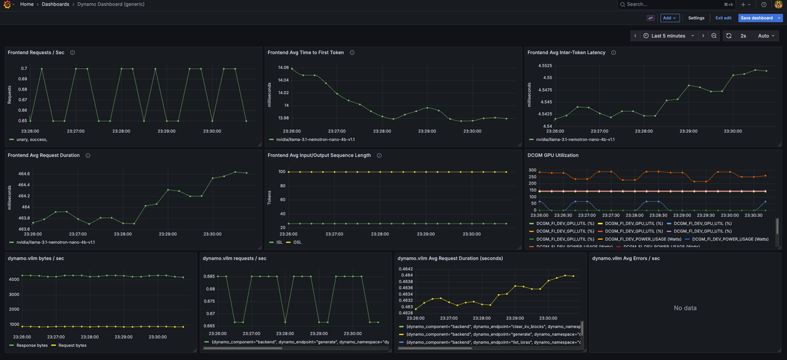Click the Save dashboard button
(x=756, y=18)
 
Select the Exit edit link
(x=723, y=18)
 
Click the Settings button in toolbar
(x=696, y=18)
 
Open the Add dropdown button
(x=669, y=18)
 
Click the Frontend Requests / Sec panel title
(x=36, y=52)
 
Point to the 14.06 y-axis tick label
(x=283, y=68)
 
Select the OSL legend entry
(x=297, y=242)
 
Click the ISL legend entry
(x=279, y=242)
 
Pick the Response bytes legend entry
(x=31, y=345)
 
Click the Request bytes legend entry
(x=72, y=345)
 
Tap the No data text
(x=685, y=308)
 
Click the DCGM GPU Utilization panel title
(x=553, y=155)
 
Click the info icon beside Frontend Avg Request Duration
(x=88, y=155)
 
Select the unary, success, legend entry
(x=31, y=140)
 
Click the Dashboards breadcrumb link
(x=55, y=4)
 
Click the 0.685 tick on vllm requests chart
(x=209, y=277)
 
